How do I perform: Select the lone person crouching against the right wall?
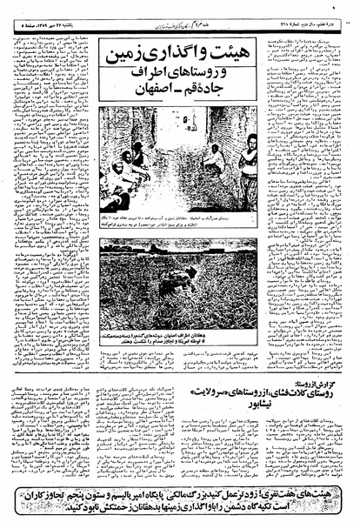click(x=214, y=162)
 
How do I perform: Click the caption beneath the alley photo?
click(x=179, y=225)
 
